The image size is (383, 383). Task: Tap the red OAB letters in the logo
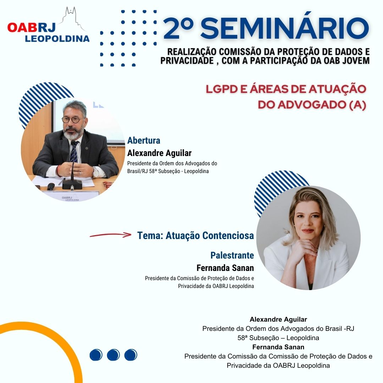click(22, 28)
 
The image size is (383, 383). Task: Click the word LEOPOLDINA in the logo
click(57, 39)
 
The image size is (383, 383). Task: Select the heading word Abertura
click(144, 140)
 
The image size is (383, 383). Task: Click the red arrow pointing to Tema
click(110, 235)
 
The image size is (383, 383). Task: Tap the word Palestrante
click(232, 255)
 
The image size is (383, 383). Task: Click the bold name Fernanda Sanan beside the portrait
click(225, 268)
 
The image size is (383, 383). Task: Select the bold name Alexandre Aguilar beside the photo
click(159, 153)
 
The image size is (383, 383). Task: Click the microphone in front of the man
click(72, 168)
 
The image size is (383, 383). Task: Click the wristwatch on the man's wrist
click(95, 172)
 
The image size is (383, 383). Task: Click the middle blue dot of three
click(113, 355)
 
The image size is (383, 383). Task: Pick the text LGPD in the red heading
click(222, 89)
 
